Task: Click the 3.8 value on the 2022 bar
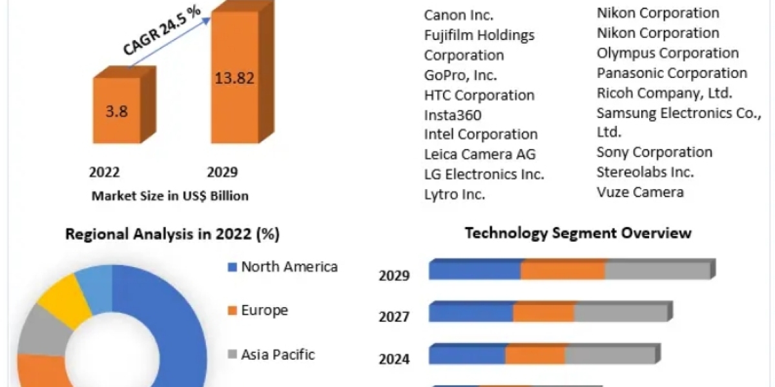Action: pyautogui.click(x=117, y=110)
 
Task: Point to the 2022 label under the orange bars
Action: pyautogui.click(x=105, y=172)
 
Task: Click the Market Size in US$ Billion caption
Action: pyautogui.click(x=170, y=195)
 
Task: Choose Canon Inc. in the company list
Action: pyautogui.click(x=458, y=15)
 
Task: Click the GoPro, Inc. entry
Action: pyautogui.click(x=460, y=75)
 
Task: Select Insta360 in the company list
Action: pyautogui.click(x=453, y=115)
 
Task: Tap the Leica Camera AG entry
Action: pyautogui.click(x=480, y=154)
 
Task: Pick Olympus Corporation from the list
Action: pyautogui.click(x=668, y=53)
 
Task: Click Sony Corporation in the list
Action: pyautogui.click(x=654, y=152)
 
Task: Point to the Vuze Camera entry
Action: pyautogui.click(x=640, y=192)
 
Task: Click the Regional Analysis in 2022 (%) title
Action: pyautogui.click(x=172, y=235)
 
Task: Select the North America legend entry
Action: pyautogui.click(x=289, y=267)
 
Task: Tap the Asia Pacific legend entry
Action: pyautogui.click(x=278, y=354)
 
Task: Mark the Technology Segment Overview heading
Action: pyautogui.click(x=578, y=233)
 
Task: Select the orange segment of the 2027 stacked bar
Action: pyautogui.click(x=544, y=312)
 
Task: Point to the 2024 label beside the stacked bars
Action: pyautogui.click(x=394, y=359)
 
